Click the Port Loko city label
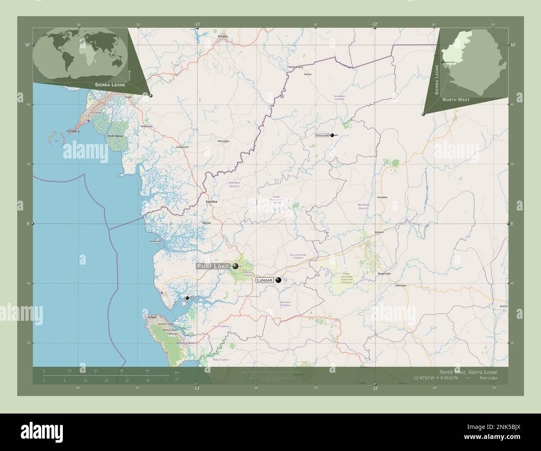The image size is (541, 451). (x=213, y=266)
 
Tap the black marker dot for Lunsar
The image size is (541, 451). (x=278, y=280)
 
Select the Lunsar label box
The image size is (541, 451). (x=265, y=280)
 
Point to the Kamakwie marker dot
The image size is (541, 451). (x=332, y=135)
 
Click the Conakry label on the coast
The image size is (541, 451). (x=73, y=131)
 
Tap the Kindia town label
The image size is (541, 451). (x=223, y=37)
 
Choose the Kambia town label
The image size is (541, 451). (x=212, y=201)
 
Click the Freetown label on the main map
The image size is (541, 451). (x=150, y=317)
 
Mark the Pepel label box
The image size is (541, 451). (x=194, y=298)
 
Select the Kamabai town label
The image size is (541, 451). (x=382, y=197)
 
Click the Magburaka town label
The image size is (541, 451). (x=384, y=273)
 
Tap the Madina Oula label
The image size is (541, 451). (x=296, y=67)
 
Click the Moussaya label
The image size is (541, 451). (x=223, y=141)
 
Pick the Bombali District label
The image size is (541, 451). (x=363, y=206)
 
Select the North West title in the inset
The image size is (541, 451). (x=456, y=100)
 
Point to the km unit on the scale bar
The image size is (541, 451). (x=177, y=372)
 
